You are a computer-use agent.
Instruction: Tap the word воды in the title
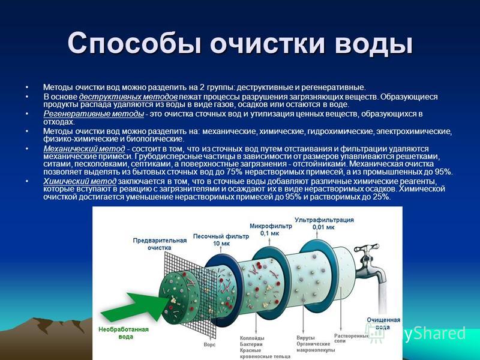[373, 43]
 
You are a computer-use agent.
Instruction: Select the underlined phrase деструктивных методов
[128, 97]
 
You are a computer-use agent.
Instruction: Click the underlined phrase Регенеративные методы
[94, 114]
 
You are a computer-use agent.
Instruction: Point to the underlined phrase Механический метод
[84, 149]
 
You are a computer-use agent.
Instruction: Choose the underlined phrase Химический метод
[80, 181]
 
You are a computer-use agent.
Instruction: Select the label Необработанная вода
[124, 333]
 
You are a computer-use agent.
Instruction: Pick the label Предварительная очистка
[160, 244]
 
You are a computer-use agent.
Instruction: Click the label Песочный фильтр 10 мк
[221, 240]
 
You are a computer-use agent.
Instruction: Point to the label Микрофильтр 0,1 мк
[271, 230]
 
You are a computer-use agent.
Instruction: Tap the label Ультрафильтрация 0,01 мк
[324, 223]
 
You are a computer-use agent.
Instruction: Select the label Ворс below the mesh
[209, 344]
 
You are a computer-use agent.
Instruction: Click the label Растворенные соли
[351, 338]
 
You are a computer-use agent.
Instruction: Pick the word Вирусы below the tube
[305, 338]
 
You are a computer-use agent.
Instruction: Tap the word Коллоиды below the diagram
[252, 338]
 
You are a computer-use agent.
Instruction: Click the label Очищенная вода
[383, 323]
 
